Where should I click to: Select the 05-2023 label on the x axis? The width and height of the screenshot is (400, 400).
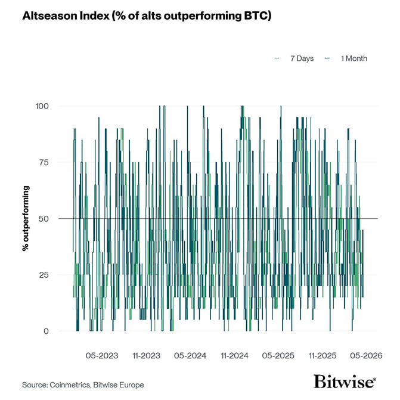(102, 355)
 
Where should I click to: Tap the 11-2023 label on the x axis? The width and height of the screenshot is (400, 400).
(146, 355)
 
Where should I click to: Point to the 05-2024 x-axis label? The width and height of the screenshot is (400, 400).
(190, 355)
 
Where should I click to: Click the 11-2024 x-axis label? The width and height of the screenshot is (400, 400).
(234, 355)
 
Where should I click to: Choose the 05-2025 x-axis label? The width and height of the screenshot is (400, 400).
(278, 355)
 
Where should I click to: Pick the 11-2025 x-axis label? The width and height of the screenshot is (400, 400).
(322, 355)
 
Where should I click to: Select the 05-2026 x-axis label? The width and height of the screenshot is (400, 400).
(366, 355)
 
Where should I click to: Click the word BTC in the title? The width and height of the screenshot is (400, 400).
(254, 15)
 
